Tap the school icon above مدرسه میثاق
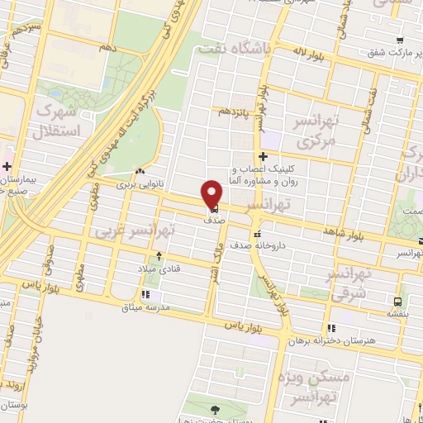coord(146,295)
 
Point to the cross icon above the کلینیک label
coord(263,156)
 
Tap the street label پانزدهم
coord(234,111)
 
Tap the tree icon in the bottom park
coord(216,410)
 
